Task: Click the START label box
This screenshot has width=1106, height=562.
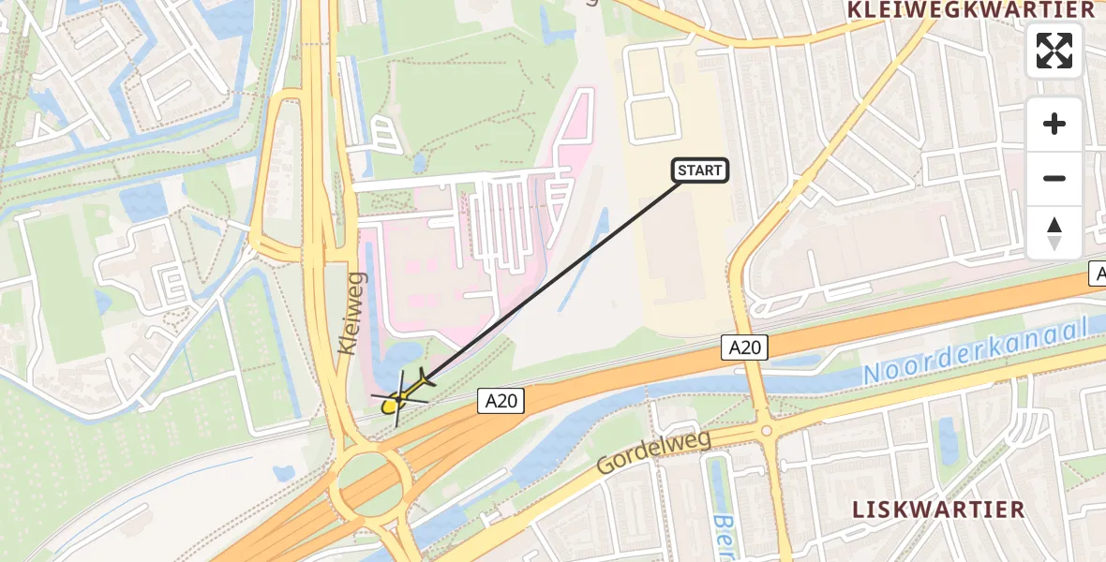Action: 699,170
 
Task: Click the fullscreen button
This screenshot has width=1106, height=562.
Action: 1054,51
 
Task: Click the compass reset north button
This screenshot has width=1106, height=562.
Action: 1054,233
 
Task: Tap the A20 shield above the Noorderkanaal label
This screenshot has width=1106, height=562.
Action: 746,348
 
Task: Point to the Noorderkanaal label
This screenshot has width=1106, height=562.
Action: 975,349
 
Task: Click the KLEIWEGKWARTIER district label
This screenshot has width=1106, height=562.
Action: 970,10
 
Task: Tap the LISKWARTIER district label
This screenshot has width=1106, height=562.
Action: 938,510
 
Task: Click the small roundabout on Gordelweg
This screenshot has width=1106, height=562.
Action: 767,431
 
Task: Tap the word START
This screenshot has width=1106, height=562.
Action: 699,170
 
